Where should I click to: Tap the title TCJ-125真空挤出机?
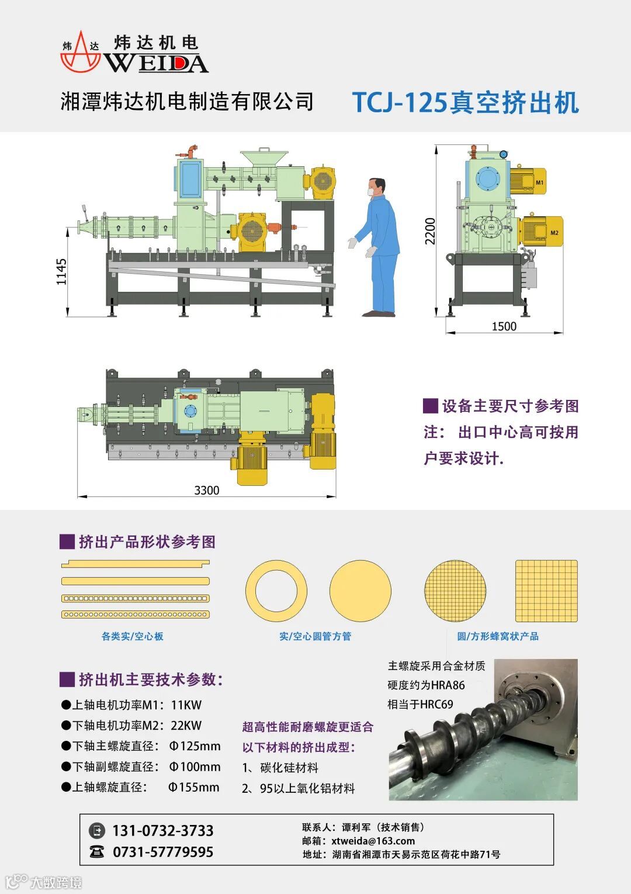coord(465,102)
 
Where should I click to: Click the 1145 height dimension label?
coord(61,272)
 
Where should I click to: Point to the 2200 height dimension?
coord(431,231)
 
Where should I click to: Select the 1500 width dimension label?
coord(504,326)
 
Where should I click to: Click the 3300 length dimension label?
coord(207,490)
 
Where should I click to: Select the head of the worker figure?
coord(377,187)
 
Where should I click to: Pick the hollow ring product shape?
coord(276,591)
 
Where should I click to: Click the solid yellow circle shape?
coord(360,591)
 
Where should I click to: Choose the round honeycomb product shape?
coord(455,591)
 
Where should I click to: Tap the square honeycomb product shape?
coord(546,591)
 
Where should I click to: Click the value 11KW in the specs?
coord(186,705)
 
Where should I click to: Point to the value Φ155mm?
coord(194,787)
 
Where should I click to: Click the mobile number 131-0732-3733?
coord(162,831)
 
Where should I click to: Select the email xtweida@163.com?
coord(373,841)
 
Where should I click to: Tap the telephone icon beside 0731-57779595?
coord(96,852)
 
